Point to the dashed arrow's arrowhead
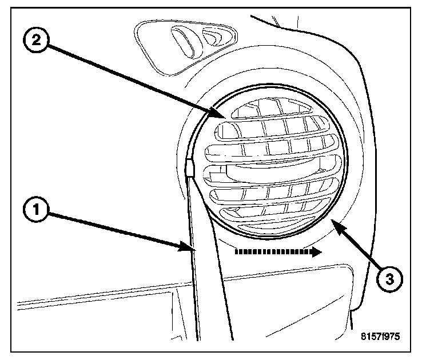click(x=316, y=253)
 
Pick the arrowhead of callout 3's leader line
click(x=336, y=226)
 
